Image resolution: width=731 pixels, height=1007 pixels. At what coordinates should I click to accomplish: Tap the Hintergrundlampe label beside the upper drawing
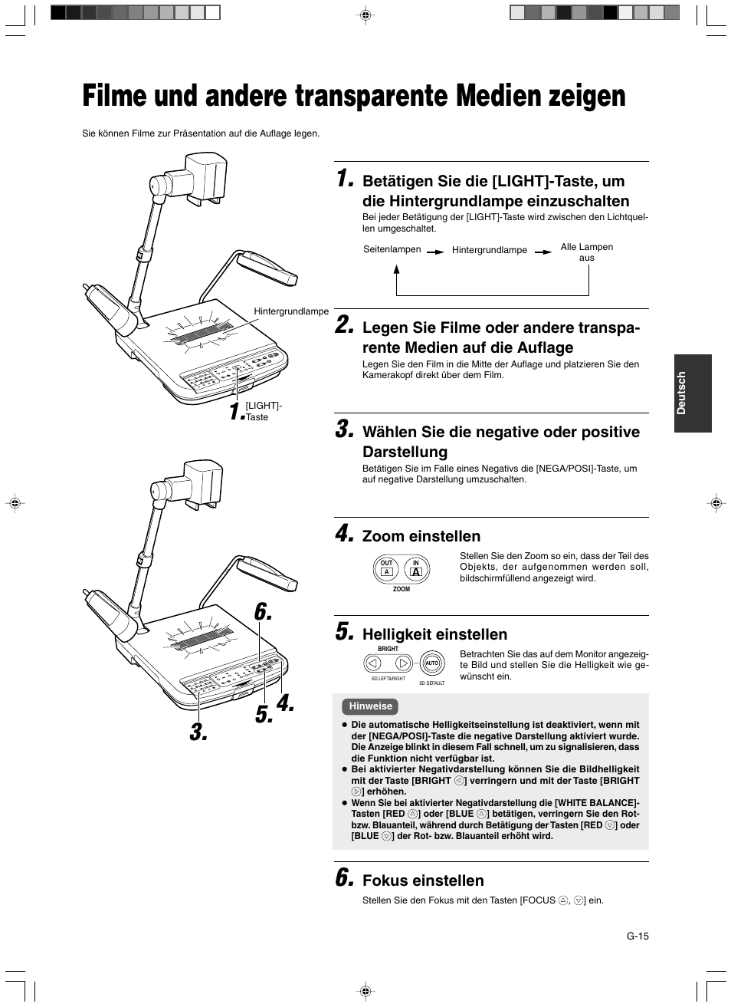pyautogui.click(x=291, y=311)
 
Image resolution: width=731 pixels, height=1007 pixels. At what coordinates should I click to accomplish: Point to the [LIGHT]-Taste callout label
pyautogui.click(x=263, y=411)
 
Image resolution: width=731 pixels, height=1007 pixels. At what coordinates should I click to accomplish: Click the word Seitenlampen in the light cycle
pyautogui.click(x=392, y=249)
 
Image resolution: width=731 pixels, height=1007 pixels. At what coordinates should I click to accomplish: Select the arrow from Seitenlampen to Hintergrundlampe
pyautogui.click(x=435, y=251)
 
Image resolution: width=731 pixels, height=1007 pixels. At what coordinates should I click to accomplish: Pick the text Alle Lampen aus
pyautogui.click(x=586, y=252)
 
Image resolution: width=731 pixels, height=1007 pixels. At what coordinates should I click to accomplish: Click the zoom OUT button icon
pyautogui.click(x=387, y=568)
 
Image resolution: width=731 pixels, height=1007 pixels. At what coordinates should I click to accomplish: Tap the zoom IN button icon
pyautogui.click(x=416, y=568)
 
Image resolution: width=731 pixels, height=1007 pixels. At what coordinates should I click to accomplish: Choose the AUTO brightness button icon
pyautogui.click(x=431, y=663)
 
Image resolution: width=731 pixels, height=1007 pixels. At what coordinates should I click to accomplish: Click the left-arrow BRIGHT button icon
pyautogui.click(x=372, y=663)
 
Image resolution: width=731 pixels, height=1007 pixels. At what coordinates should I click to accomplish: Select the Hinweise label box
pyautogui.click(x=370, y=706)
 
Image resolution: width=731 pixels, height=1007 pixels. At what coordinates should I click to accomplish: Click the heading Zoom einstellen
pyautogui.click(x=421, y=536)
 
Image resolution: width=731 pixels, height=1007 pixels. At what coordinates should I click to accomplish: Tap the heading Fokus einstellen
pyautogui.click(x=423, y=880)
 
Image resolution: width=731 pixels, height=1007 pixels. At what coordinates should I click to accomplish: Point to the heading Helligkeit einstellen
pyautogui.click(x=434, y=634)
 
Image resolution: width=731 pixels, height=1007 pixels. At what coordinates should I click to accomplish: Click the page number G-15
pyautogui.click(x=638, y=936)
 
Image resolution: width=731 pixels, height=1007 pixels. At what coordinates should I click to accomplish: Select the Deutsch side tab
pyautogui.click(x=693, y=393)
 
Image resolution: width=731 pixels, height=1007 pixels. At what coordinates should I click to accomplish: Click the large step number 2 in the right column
pyautogui.click(x=345, y=325)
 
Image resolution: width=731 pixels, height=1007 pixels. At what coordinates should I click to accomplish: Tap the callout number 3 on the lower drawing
pyautogui.click(x=198, y=732)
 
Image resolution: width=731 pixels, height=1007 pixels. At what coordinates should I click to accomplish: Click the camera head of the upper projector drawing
pyautogui.click(x=191, y=176)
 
